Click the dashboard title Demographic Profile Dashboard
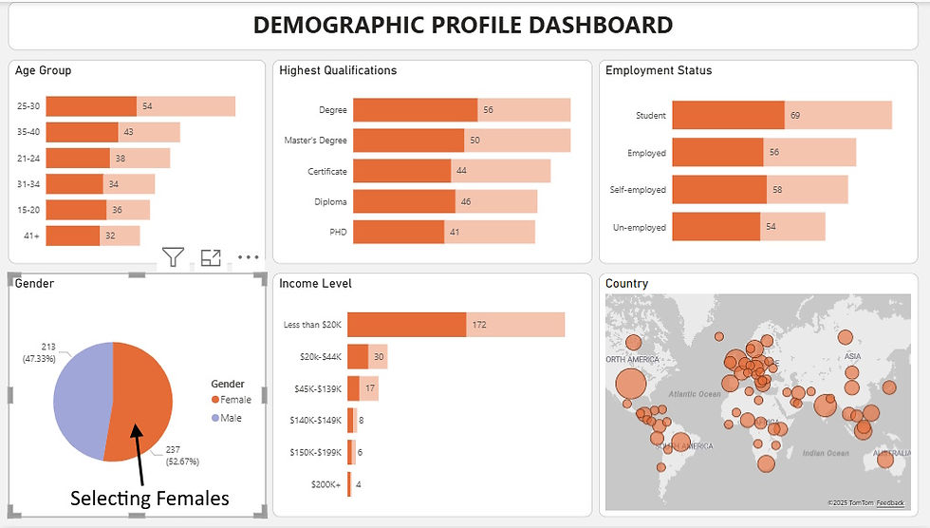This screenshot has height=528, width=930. pos(463,26)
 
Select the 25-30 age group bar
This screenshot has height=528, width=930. pos(91,106)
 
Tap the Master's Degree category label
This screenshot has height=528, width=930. pos(315,141)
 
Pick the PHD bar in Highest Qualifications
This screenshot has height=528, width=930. pos(399,232)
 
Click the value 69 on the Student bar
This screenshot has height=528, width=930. pos(795,116)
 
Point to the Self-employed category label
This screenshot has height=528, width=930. pos(638,190)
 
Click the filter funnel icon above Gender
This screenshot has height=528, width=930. pos(172,256)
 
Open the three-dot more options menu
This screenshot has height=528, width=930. pos(248,256)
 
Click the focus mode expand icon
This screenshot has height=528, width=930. pos(210,256)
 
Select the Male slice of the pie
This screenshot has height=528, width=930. pos(82,399)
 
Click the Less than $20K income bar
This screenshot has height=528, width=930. pos(406,325)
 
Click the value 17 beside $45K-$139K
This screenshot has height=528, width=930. pos(371,388)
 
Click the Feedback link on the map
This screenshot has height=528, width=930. pos(890,502)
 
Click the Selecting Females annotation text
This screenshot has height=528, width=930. pos(150,497)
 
